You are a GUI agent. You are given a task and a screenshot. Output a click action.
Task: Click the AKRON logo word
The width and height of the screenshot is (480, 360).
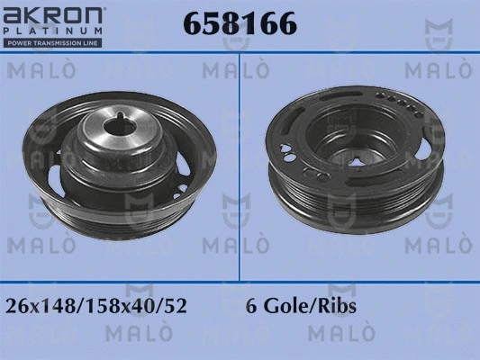[x=56, y=16]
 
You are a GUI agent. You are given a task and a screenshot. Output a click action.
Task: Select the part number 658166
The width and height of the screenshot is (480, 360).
[x=240, y=24]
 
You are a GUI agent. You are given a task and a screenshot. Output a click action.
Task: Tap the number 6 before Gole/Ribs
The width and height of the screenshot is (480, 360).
[x=250, y=306]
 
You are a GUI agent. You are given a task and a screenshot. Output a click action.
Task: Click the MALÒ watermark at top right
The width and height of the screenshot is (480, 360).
[x=433, y=69]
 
